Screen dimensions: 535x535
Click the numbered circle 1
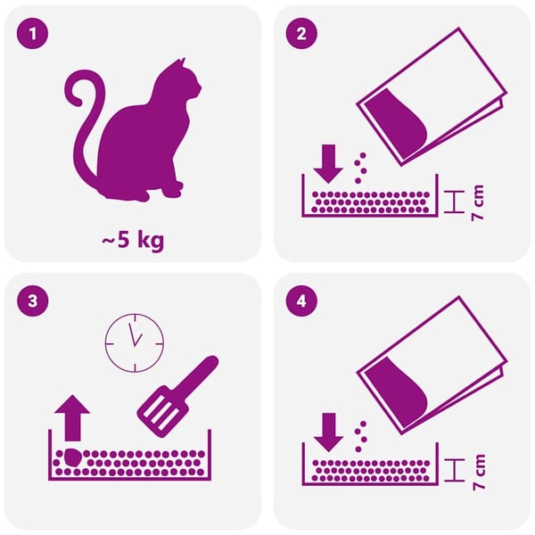click(32, 34)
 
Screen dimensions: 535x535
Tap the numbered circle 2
click(301, 34)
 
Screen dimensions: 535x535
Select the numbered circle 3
click(32, 301)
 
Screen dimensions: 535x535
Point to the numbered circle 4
click(301, 301)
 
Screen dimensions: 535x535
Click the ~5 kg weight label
click(133, 240)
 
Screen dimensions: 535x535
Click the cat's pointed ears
click(181, 63)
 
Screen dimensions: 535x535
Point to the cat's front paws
click(174, 189)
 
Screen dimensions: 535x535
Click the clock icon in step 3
click(135, 342)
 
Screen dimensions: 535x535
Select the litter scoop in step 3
click(177, 397)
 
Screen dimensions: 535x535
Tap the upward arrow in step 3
click(72, 418)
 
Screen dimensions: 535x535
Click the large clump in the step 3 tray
click(72, 457)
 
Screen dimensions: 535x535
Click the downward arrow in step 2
click(328, 164)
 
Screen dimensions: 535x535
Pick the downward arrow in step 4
click(328, 432)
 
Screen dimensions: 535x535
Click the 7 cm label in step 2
click(477, 202)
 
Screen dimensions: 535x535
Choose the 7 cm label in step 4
click(478, 472)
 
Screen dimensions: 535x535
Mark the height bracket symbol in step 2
click(455, 202)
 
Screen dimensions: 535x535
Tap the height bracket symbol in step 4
click(455, 470)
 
